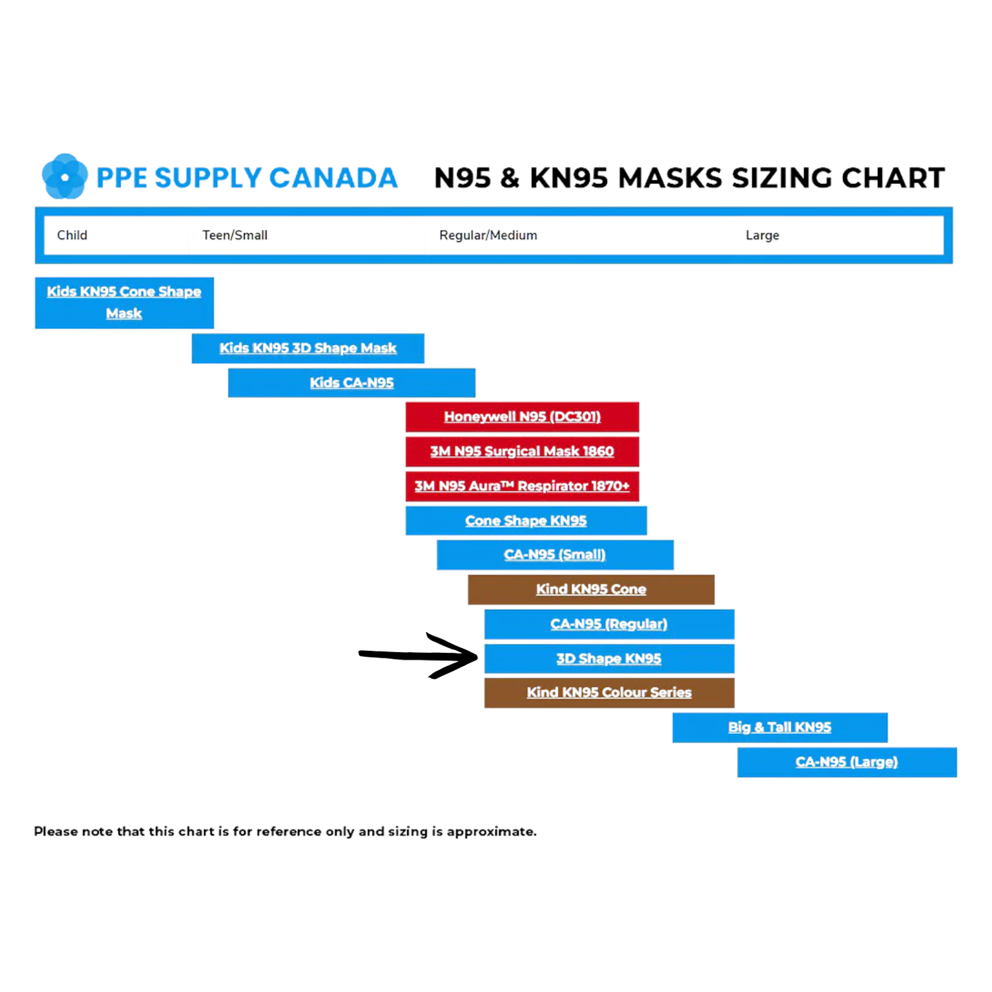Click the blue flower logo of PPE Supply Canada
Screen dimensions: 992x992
coord(65,176)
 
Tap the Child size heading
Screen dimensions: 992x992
coord(72,235)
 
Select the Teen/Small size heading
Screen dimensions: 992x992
coord(235,235)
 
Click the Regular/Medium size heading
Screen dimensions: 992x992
coord(488,235)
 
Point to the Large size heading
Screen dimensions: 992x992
coord(762,235)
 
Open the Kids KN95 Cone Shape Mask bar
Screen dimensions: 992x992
coord(124,303)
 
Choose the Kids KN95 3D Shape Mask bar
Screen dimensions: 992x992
coord(308,348)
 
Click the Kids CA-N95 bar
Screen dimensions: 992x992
coord(351,383)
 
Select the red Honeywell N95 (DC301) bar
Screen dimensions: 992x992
coord(522,417)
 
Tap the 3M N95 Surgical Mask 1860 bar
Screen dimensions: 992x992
coord(522,451)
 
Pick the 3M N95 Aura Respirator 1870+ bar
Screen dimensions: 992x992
coord(522,486)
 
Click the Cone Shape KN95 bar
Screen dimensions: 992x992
coord(526,520)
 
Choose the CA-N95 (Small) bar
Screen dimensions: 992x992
coord(555,555)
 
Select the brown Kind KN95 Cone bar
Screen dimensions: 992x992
coord(591,589)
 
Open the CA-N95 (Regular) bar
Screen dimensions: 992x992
coord(609,624)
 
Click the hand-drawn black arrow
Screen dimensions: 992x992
coord(419,656)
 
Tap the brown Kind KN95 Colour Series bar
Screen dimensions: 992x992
coord(609,693)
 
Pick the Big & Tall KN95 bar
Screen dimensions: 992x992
coord(780,728)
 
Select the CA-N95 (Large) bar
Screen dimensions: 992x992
coord(846,762)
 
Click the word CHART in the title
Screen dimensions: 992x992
coord(893,178)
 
